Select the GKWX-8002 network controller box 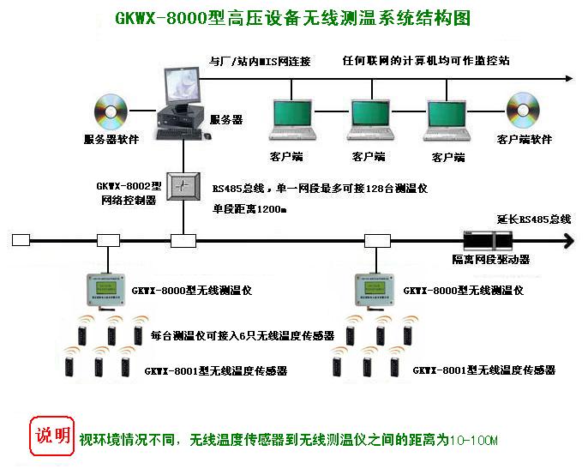183,186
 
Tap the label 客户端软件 525,140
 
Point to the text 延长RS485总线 533,219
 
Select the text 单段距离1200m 249,208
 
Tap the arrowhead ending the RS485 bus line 567,241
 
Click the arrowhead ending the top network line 567,79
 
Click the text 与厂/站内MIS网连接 260,62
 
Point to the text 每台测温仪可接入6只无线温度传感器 242,337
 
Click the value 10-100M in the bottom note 474,441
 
